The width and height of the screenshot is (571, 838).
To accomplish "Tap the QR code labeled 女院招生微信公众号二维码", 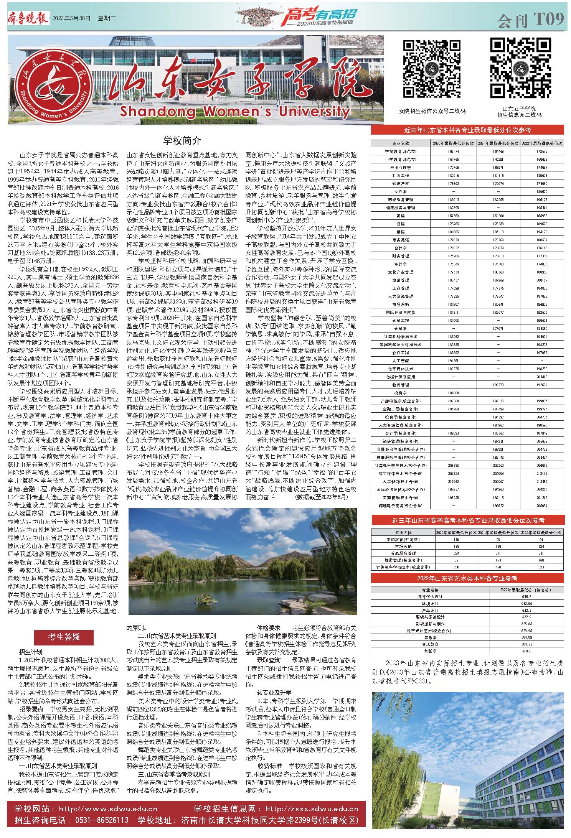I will point(432,68).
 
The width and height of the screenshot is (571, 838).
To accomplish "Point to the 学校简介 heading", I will point(182,140).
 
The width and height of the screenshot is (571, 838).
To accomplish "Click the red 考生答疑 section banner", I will point(64,637).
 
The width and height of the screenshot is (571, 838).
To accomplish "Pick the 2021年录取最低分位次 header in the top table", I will point(498,143).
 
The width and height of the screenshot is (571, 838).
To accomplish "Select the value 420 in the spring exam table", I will point(498,567).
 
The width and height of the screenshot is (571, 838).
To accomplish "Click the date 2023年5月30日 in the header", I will point(72,18).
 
